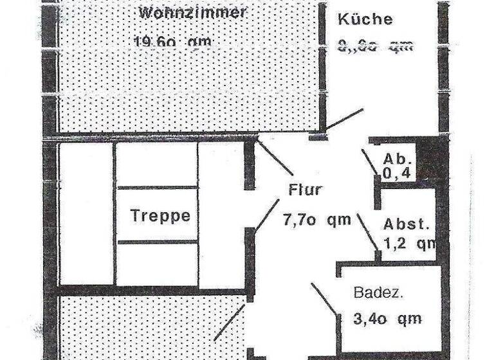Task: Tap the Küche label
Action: (x=365, y=19)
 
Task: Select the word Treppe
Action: (x=160, y=215)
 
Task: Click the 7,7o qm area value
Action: (x=317, y=220)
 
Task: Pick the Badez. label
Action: (x=378, y=292)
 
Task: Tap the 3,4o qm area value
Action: (x=387, y=318)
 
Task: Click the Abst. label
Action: (x=406, y=224)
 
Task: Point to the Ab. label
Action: (x=396, y=159)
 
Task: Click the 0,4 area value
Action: (x=396, y=172)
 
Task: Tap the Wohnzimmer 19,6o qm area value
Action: (x=172, y=42)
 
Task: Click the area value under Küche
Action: (x=374, y=45)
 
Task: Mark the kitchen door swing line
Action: (x=345, y=119)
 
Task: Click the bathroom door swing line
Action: (x=325, y=299)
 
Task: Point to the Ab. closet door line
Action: (x=370, y=161)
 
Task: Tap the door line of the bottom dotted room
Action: (x=229, y=323)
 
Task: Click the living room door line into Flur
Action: (x=275, y=157)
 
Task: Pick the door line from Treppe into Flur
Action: (x=265, y=219)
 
